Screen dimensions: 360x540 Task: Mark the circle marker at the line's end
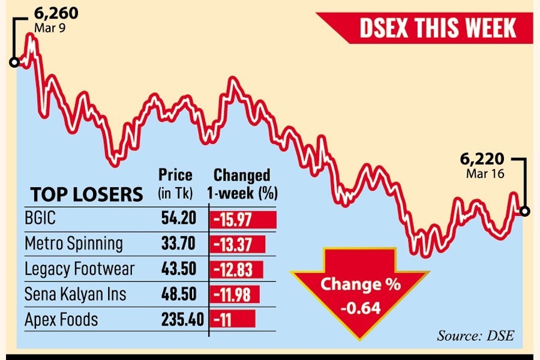tap(525, 211)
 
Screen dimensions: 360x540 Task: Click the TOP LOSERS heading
tap(86, 194)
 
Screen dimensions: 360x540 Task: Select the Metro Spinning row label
tap(74, 244)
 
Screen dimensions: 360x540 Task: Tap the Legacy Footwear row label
tap(80, 269)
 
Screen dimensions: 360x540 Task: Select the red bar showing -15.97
tap(243, 220)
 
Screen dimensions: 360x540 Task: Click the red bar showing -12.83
tap(236, 269)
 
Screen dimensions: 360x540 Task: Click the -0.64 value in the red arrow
tap(359, 310)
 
